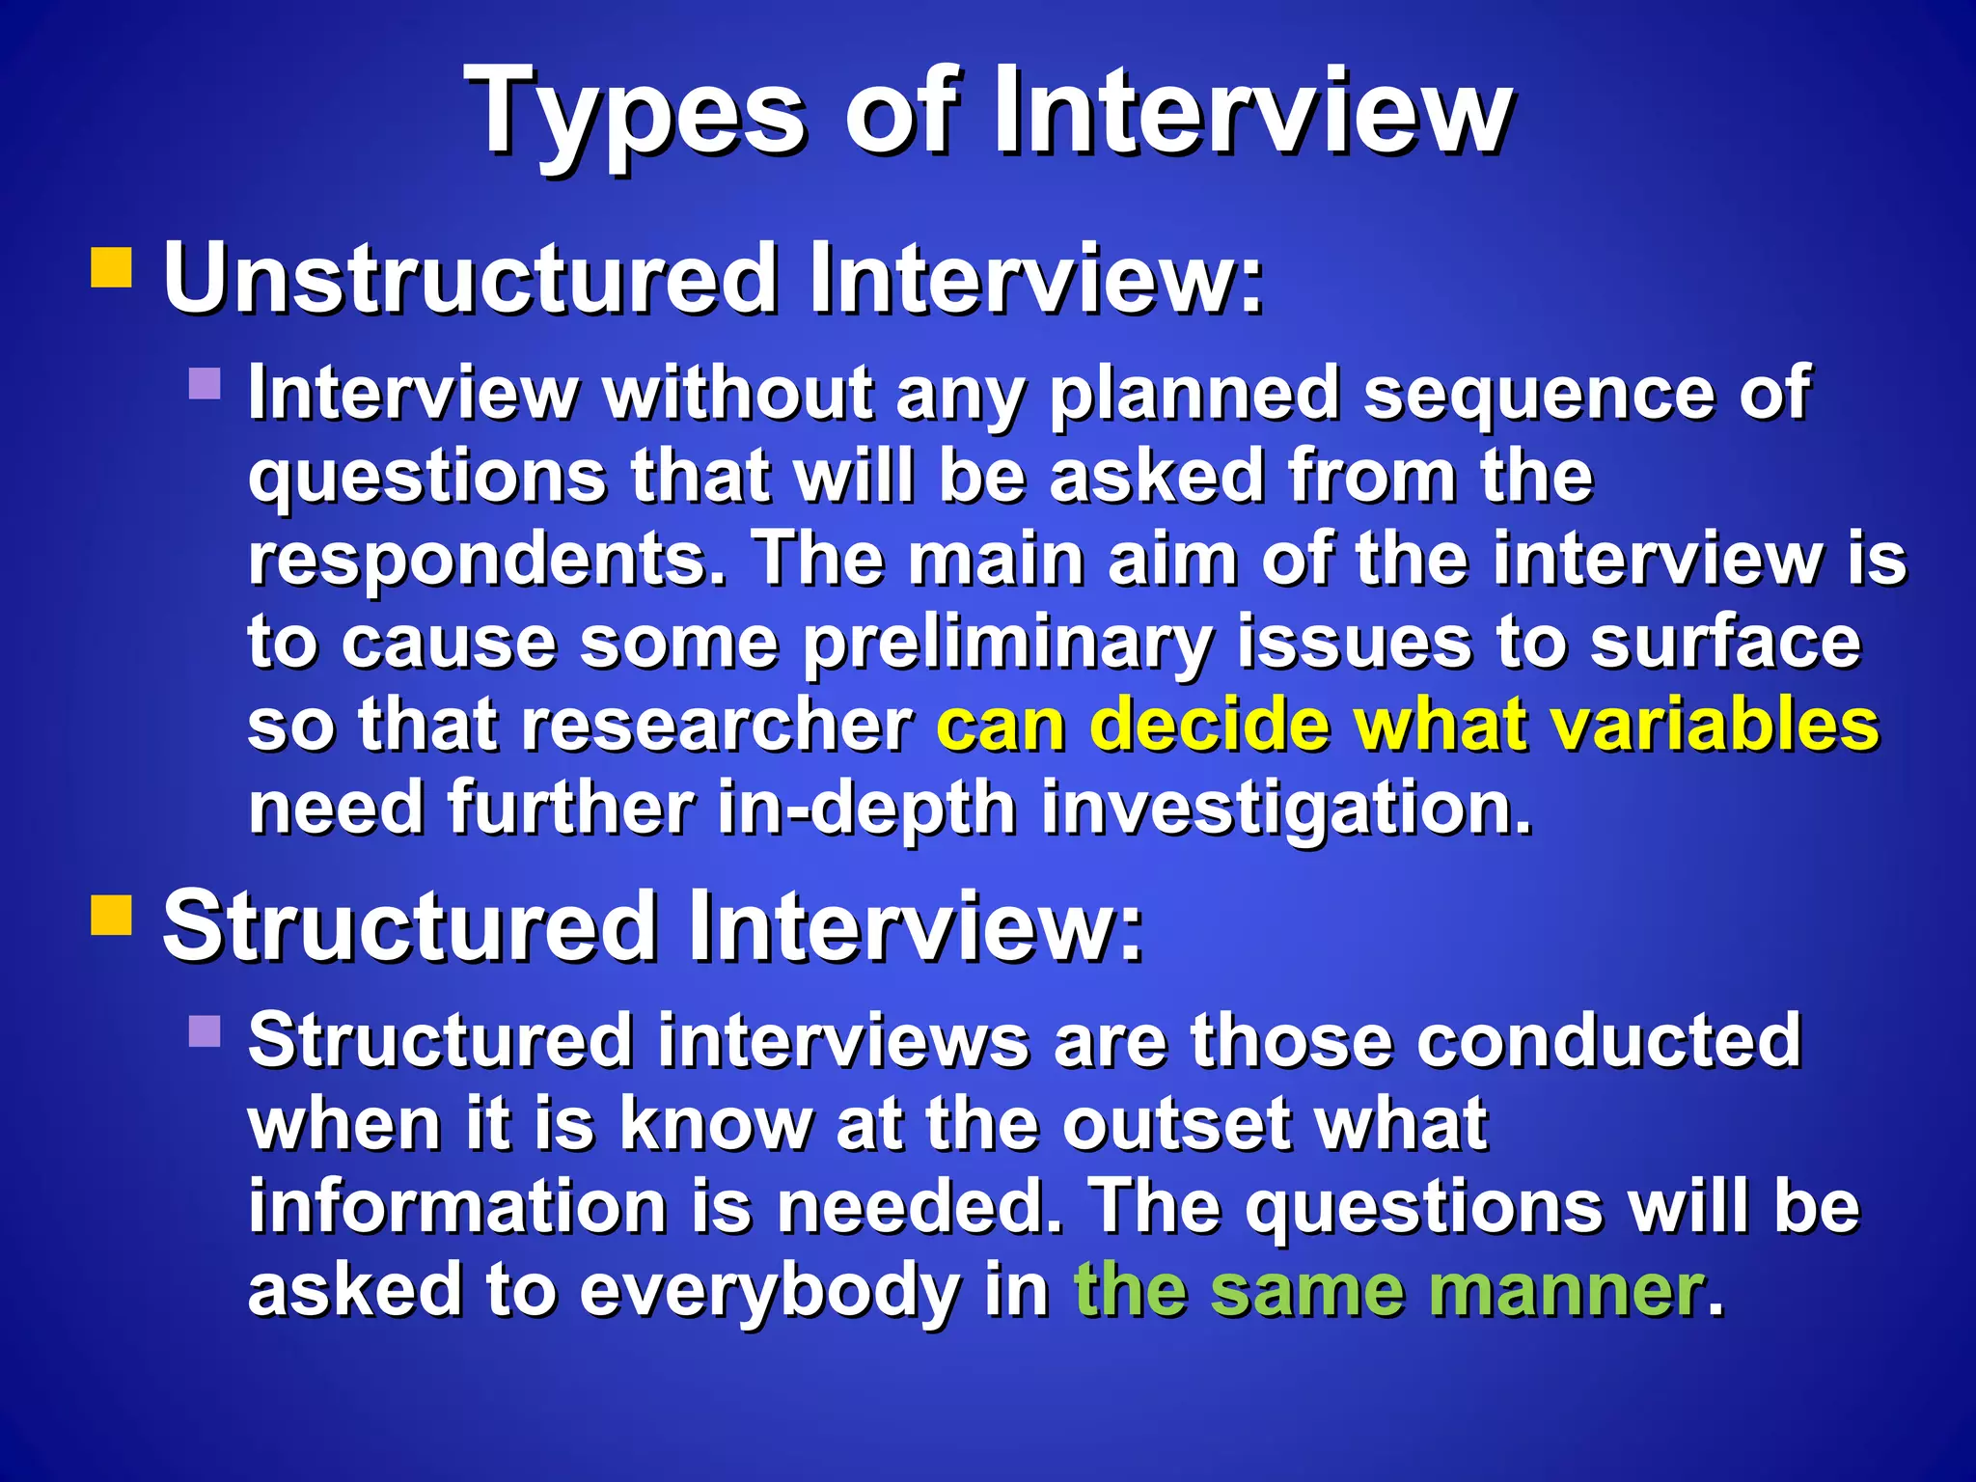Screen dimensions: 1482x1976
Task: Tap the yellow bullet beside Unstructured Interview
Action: point(111,268)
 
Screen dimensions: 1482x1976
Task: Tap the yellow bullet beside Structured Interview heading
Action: point(111,916)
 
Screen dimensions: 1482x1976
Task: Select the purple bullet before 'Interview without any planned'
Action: point(205,383)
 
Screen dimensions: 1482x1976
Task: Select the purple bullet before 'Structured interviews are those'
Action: point(205,1030)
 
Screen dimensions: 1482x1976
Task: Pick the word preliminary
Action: point(1007,644)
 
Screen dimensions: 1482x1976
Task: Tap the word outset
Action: point(1177,1124)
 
